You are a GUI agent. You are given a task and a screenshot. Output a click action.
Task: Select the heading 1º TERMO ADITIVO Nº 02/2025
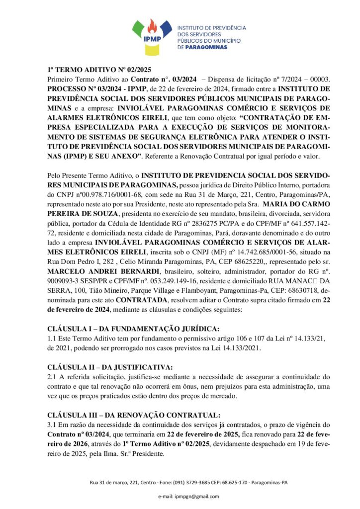(x=99, y=70)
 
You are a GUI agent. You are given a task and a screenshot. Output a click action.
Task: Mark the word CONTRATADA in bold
(x=141, y=300)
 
